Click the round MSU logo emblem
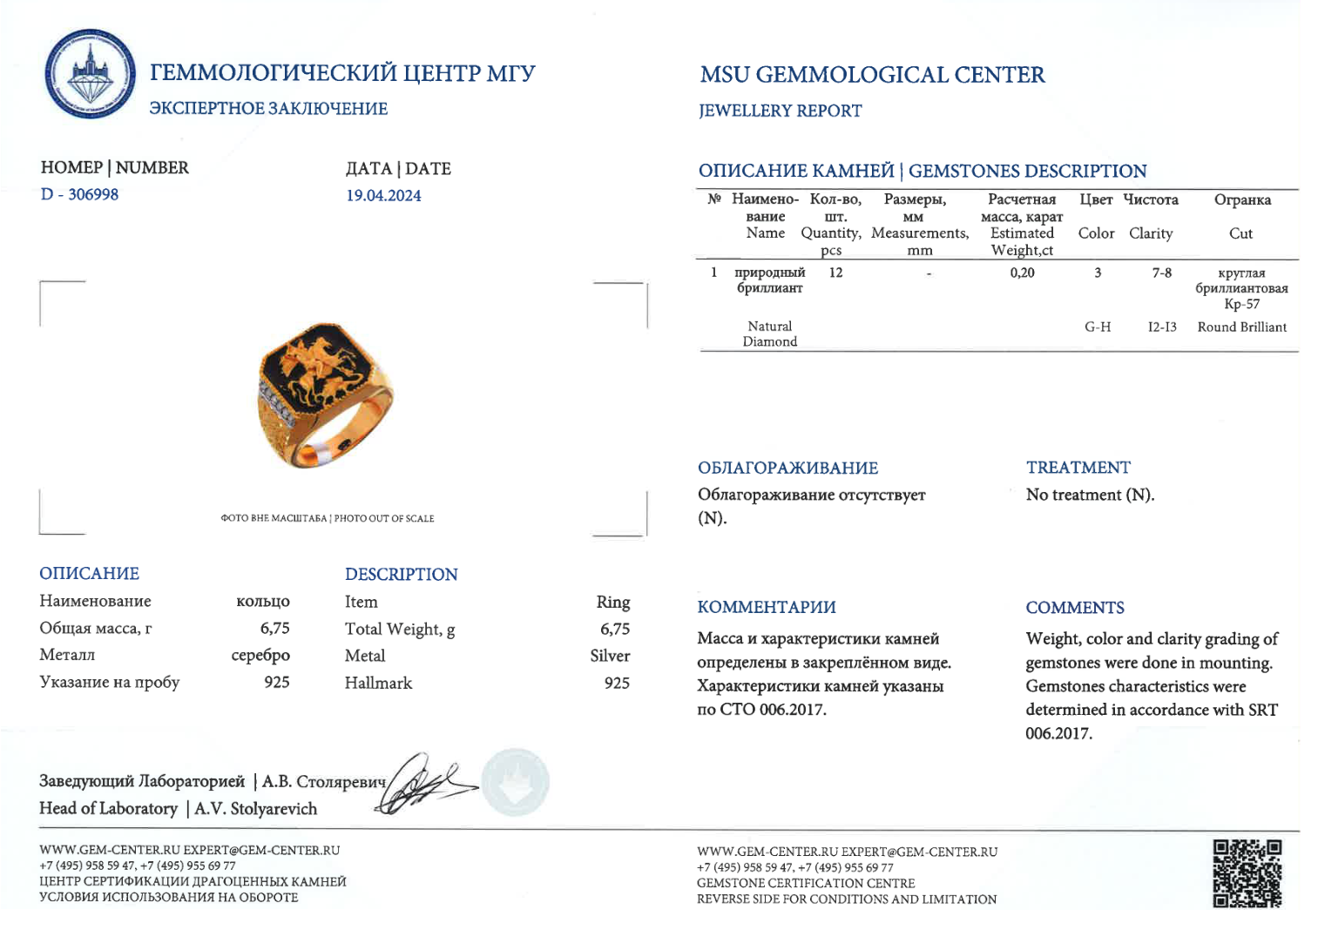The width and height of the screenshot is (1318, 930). pyautogui.click(x=90, y=74)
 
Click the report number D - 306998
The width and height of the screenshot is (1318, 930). pyautogui.click(x=79, y=194)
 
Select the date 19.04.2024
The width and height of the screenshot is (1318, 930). pyautogui.click(x=383, y=196)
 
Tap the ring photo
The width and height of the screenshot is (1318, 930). pyautogui.click(x=324, y=396)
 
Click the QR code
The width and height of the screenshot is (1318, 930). pyautogui.click(x=1247, y=873)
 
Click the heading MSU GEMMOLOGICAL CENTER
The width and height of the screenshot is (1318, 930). pyautogui.click(x=872, y=75)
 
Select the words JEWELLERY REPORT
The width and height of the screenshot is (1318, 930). pyautogui.click(x=780, y=111)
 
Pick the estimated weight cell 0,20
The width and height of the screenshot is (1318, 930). pyautogui.click(x=1022, y=273)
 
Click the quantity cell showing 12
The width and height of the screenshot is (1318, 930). pyautogui.click(x=835, y=273)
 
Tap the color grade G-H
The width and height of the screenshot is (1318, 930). pyautogui.click(x=1097, y=327)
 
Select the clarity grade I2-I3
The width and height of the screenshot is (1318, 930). pyautogui.click(x=1161, y=327)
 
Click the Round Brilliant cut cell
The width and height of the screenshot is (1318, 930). pyautogui.click(x=1241, y=327)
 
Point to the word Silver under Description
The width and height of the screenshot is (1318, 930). pyautogui.click(x=610, y=656)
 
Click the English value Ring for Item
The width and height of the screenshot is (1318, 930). pyautogui.click(x=613, y=603)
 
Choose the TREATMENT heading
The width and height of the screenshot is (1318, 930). pyautogui.click(x=1078, y=468)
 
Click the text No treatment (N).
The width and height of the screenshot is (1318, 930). pyautogui.click(x=1089, y=495)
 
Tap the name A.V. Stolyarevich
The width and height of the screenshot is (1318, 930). pyautogui.click(x=255, y=809)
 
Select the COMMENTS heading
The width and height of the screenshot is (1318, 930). pyautogui.click(x=1074, y=608)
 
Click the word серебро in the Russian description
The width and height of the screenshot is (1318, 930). pyautogui.click(x=260, y=656)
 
